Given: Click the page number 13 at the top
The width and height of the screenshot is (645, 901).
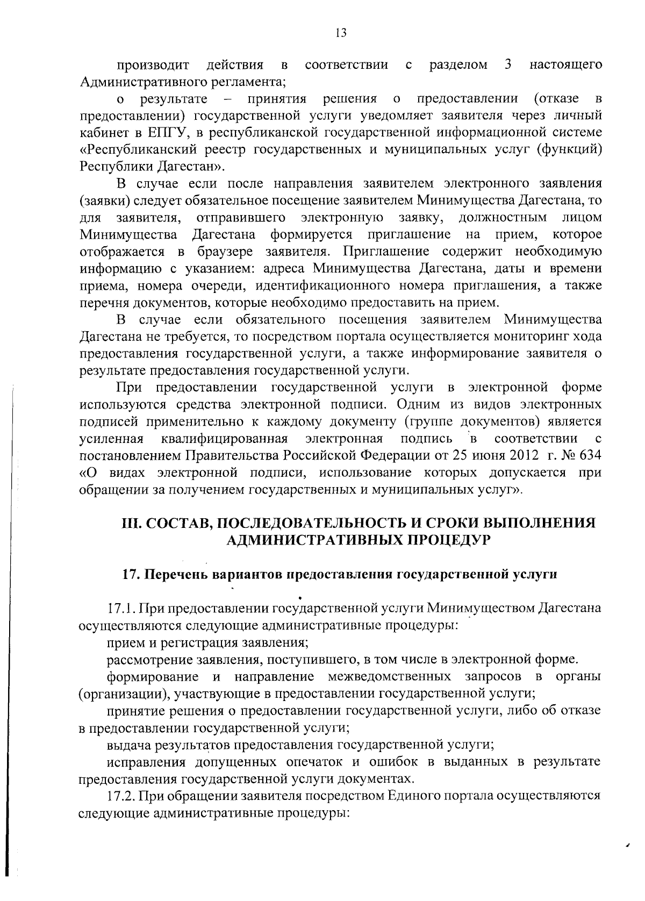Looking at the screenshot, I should pyautogui.click(x=340, y=33).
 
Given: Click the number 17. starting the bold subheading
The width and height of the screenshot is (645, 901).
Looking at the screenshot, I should pyautogui.click(x=132, y=574).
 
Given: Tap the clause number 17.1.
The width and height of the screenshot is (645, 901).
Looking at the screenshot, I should pyautogui.click(x=122, y=609).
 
